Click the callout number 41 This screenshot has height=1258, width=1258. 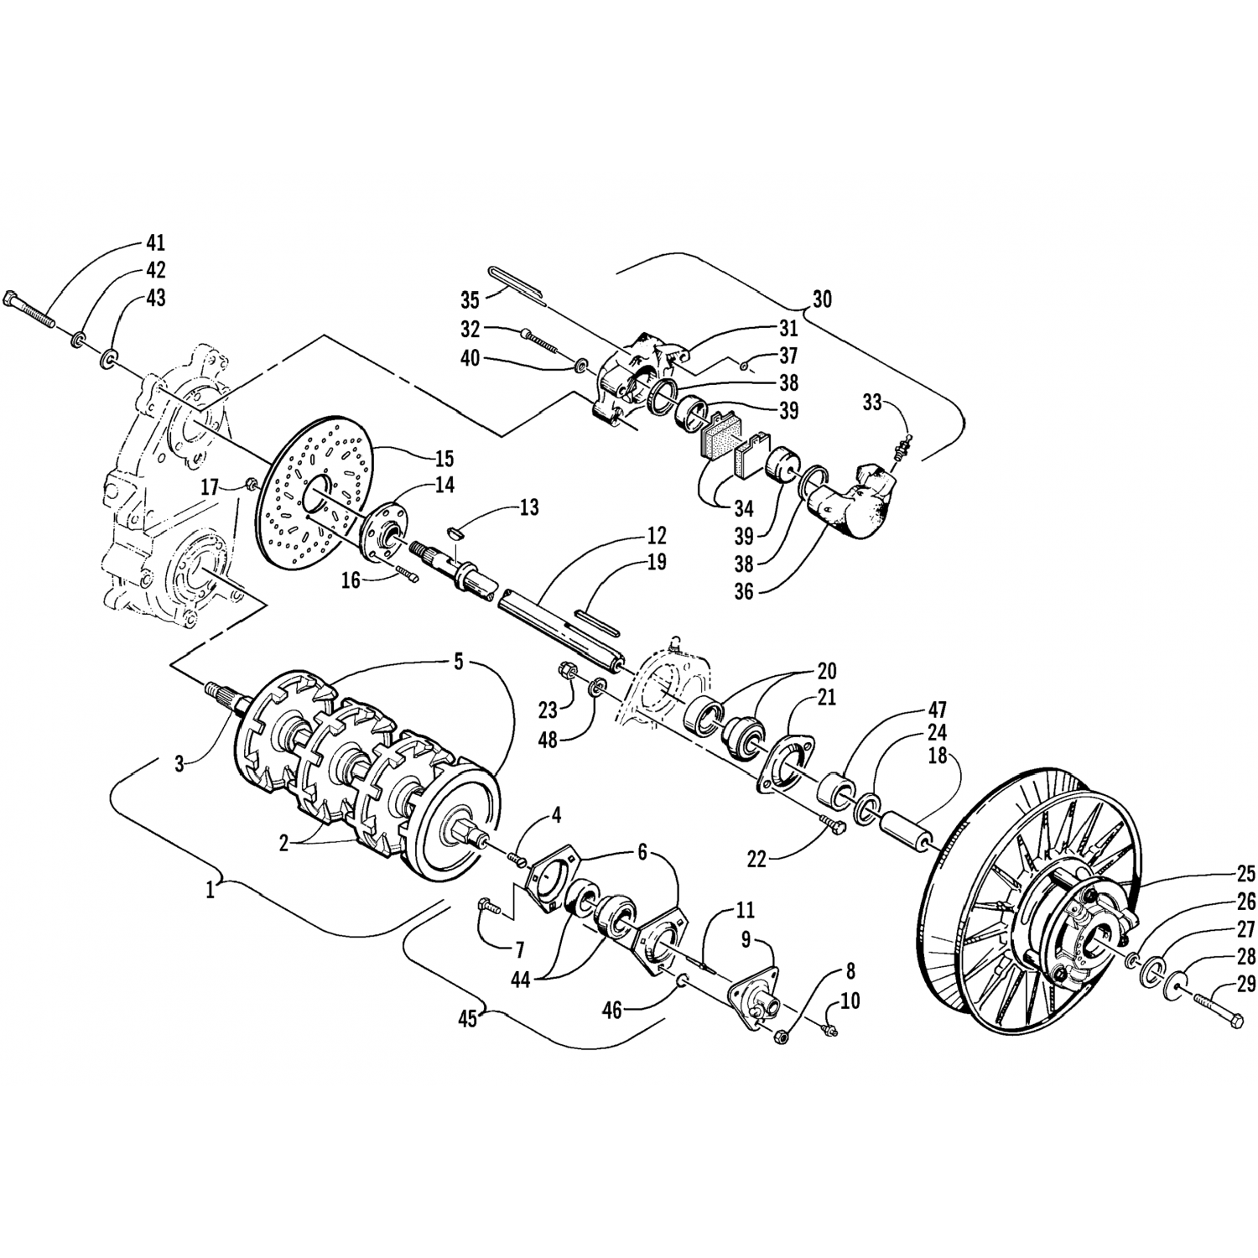pos(155,243)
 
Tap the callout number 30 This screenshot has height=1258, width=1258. pos(822,299)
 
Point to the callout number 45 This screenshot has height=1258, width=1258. pos(466,1018)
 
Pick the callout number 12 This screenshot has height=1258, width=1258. pos(656,535)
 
